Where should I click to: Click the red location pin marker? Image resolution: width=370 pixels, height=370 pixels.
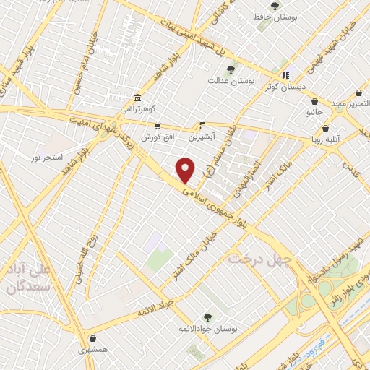186,170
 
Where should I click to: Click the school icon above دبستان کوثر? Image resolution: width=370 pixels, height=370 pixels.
286,74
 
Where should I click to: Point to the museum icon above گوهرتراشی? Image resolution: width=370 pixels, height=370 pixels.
137,98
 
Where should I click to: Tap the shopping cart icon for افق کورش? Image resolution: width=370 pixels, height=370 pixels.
157,126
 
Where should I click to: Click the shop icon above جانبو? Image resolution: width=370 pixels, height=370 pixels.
312,103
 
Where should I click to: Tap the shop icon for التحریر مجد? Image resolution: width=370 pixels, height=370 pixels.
359,94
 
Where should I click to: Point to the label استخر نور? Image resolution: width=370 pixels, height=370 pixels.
47,157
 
